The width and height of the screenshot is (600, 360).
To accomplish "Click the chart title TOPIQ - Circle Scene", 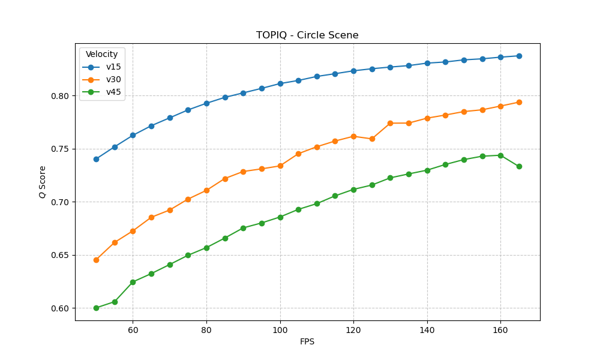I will point(307,35).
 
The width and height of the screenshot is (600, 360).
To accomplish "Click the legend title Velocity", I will point(101,55).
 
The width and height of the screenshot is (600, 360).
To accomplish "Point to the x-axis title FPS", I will point(307,342).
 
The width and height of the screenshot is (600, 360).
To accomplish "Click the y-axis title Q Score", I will point(43,182).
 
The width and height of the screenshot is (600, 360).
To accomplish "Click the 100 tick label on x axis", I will point(280,331).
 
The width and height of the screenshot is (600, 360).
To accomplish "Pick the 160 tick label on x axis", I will point(500,331).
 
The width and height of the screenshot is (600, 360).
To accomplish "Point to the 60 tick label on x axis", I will point(133,331).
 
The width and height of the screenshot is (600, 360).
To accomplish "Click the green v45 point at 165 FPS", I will point(519,166).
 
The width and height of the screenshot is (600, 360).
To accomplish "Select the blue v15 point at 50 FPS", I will point(96,159).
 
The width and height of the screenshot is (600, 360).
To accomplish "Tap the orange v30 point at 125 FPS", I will point(372,139).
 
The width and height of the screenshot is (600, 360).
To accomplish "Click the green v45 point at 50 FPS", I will point(96,308).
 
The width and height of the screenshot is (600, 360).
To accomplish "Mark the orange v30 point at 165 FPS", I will point(519,102).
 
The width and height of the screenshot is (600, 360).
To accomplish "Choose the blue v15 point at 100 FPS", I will point(280,83).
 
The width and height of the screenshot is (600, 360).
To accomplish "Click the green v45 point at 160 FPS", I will point(500,155).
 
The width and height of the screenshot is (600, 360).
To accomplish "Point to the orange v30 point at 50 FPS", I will point(96,260).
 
